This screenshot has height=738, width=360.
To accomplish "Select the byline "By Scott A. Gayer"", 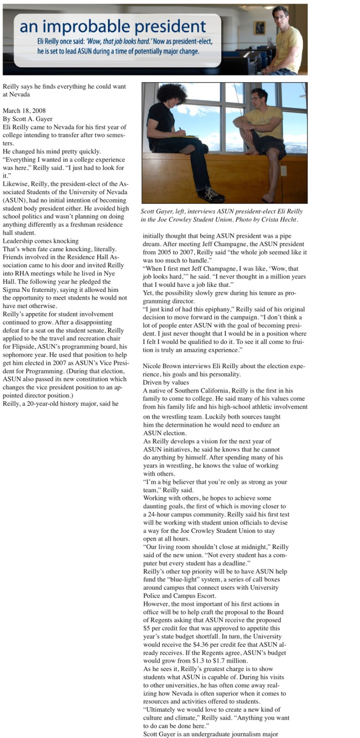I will click(28, 119).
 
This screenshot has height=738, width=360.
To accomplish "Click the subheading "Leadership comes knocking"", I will click(41, 241).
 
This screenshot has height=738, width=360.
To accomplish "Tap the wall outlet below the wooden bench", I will click(283, 171).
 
